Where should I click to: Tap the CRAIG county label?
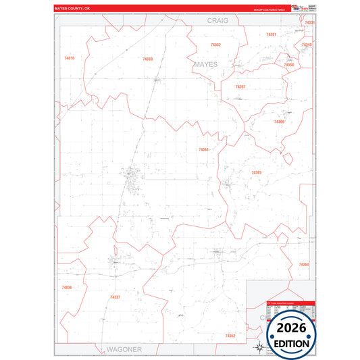coord(218,21)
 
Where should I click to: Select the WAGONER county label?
coord(124,349)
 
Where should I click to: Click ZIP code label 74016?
coord(69,59)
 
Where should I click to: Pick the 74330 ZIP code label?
coord(148,59)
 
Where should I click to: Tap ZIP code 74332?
coord(215,45)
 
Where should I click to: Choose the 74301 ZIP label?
coord(271,34)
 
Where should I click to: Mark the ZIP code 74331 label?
coord(309,23)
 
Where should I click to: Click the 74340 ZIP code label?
coord(307,45)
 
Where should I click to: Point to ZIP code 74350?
coord(288,65)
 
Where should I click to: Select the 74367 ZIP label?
coord(240,86)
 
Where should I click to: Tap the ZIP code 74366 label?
coord(279,122)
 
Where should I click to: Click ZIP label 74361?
coord(204,149)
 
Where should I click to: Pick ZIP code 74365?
coord(256,173)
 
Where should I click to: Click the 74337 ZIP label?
coord(115,297)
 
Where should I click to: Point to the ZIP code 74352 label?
coord(230,336)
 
